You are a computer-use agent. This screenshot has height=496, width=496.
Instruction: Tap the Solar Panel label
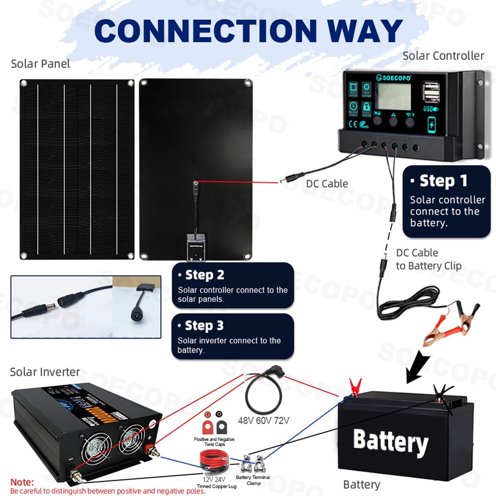click(x=41, y=63)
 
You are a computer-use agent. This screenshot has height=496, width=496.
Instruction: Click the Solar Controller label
click(x=443, y=56)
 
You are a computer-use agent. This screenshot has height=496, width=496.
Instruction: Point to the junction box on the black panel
click(x=196, y=247)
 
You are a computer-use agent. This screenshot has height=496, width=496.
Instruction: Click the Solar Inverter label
click(x=45, y=372)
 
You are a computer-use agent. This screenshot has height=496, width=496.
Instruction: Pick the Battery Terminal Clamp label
click(x=253, y=480)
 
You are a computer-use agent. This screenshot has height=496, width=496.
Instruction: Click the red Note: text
click(x=22, y=482)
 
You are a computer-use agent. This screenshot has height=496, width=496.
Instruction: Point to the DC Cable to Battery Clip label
click(x=429, y=259)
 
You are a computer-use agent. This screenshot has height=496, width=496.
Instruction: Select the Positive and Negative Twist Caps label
click(x=214, y=442)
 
